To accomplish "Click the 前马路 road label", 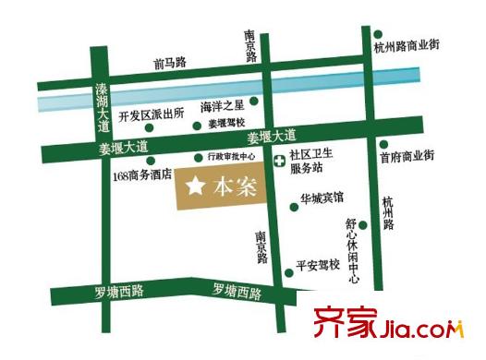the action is [170, 63].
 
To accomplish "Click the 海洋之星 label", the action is [222, 107].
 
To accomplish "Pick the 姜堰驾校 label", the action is [226, 123].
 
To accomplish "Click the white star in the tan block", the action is [195, 186].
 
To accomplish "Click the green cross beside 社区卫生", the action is [280, 162].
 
